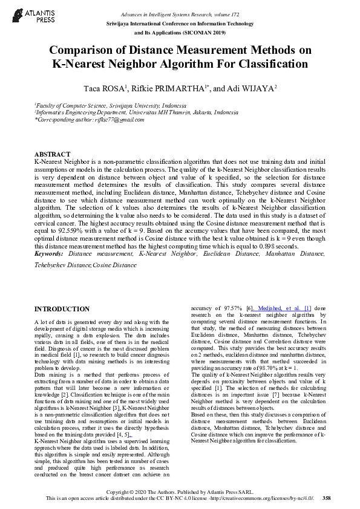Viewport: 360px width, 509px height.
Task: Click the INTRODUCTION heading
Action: point(62,309)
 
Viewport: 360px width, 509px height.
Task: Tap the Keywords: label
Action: point(50,254)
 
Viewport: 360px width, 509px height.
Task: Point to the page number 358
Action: point(327,499)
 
